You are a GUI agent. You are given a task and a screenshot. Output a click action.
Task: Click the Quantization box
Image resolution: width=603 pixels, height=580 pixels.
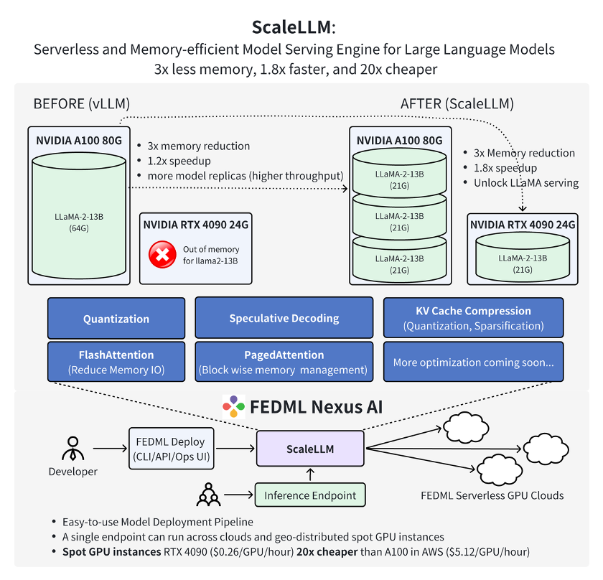116,319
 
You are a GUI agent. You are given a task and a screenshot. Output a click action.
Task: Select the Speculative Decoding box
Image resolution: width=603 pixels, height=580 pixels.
284,318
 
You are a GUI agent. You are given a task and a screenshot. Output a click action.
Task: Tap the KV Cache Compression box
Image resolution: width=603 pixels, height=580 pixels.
473,318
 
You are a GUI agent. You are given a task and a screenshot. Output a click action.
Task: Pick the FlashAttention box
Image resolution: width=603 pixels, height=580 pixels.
116,362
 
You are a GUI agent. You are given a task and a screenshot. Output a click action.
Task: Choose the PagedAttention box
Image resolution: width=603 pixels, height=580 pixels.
284,362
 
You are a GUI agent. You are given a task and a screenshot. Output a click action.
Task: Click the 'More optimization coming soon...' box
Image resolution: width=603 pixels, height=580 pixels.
473,362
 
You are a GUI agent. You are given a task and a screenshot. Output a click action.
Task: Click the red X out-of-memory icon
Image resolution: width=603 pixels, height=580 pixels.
162,254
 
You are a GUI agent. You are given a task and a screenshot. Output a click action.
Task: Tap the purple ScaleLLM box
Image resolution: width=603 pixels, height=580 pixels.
310,449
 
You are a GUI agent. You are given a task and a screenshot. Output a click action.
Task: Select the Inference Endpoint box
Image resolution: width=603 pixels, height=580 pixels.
310,495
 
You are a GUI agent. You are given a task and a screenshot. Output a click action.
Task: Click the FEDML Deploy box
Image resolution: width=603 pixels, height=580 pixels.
169,449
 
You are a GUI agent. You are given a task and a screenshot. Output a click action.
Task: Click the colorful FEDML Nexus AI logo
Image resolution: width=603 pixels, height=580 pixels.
233,407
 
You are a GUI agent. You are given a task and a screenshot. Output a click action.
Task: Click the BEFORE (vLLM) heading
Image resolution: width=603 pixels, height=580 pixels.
82,103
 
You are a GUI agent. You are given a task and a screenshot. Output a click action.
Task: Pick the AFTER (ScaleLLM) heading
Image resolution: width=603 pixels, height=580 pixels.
457,103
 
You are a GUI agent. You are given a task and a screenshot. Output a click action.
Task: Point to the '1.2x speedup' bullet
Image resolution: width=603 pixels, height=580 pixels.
179,161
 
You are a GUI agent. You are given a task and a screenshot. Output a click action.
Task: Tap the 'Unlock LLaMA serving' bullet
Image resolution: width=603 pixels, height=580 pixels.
526,182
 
